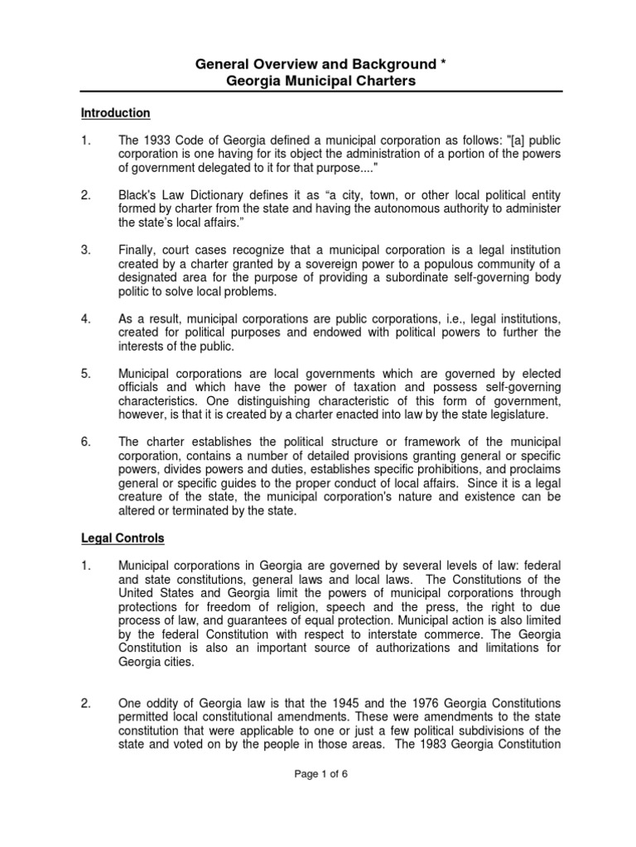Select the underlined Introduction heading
point(115,112)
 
